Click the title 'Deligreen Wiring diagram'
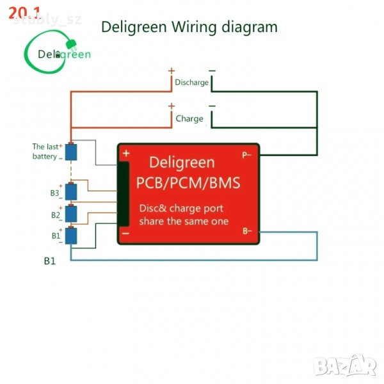[x=189, y=27]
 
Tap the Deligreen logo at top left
[x=58, y=54]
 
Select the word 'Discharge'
[x=191, y=83]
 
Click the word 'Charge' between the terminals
[x=189, y=118]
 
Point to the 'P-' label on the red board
[x=246, y=155]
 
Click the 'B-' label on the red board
[x=246, y=230]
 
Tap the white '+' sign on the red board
[x=126, y=154]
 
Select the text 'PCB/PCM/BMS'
[x=188, y=184]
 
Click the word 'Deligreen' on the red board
[x=182, y=163]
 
